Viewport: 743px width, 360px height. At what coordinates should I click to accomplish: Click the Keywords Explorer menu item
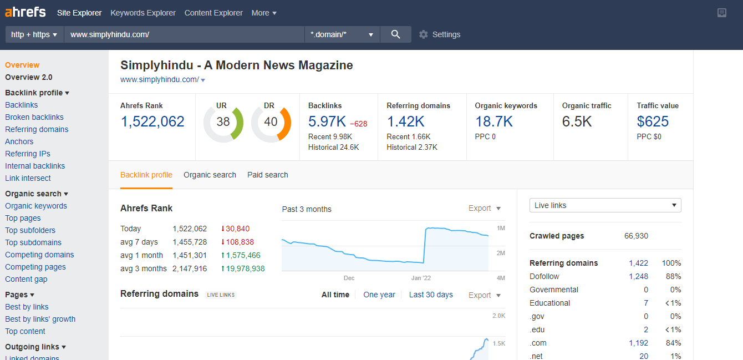tap(143, 13)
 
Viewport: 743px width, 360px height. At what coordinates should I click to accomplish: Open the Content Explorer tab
tap(213, 13)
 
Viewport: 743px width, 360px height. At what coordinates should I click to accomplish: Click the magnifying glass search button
tap(395, 34)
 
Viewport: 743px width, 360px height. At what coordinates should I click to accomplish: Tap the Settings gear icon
tap(424, 34)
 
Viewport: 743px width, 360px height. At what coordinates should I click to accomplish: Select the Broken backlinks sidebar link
tap(34, 117)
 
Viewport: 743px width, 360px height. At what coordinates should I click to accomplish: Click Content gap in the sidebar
tap(26, 279)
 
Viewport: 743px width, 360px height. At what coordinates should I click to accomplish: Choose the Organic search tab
tap(210, 175)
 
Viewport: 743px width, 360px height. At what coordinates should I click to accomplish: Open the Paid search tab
tap(268, 175)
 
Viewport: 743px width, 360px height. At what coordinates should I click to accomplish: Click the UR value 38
tap(223, 121)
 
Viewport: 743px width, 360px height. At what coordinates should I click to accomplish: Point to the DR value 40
tap(271, 121)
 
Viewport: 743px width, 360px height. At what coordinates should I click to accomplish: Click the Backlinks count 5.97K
tap(327, 121)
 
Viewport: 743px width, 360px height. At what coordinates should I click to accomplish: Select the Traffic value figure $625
tap(653, 121)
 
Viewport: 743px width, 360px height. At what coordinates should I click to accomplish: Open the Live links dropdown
tap(605, 205)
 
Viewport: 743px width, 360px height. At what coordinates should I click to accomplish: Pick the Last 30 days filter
tap(431, 295)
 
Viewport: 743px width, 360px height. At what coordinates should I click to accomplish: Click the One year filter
tap(379, 295)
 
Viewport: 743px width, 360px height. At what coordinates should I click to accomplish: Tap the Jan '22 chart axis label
tap(421, 278)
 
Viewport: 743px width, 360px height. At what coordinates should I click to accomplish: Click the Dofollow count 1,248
tap(638, 276)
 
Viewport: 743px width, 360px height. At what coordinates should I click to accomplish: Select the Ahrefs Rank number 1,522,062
tap(152, 121)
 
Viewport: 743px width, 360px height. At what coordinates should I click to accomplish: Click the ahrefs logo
tap(26, 12)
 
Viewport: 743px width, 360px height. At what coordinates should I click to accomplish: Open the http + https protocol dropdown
tap(34, 34)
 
